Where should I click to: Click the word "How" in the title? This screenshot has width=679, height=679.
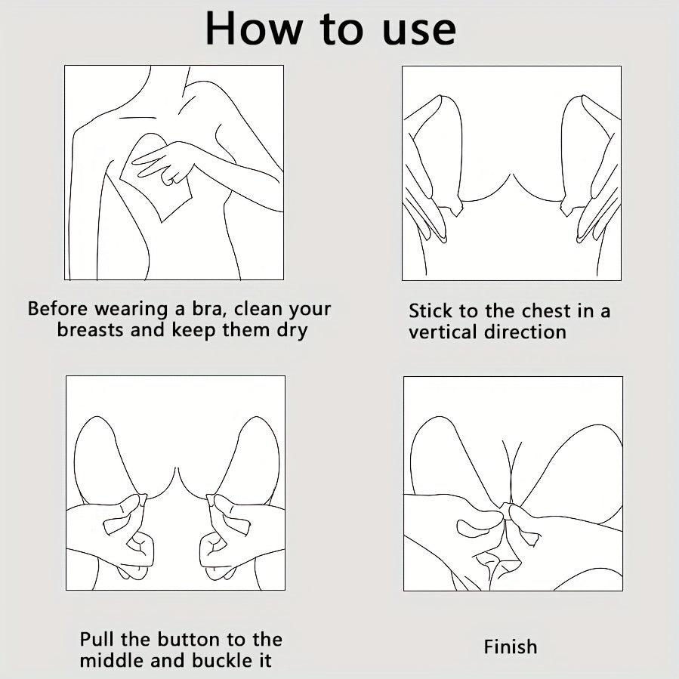253,29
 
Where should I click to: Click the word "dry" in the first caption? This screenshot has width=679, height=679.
292,331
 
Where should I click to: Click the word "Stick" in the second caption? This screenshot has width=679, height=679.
430,311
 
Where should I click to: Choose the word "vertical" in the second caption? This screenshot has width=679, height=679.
443,332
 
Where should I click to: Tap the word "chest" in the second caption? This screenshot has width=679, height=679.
547,311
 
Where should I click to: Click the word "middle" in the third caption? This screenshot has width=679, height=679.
113,660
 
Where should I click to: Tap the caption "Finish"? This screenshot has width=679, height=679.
511,647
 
